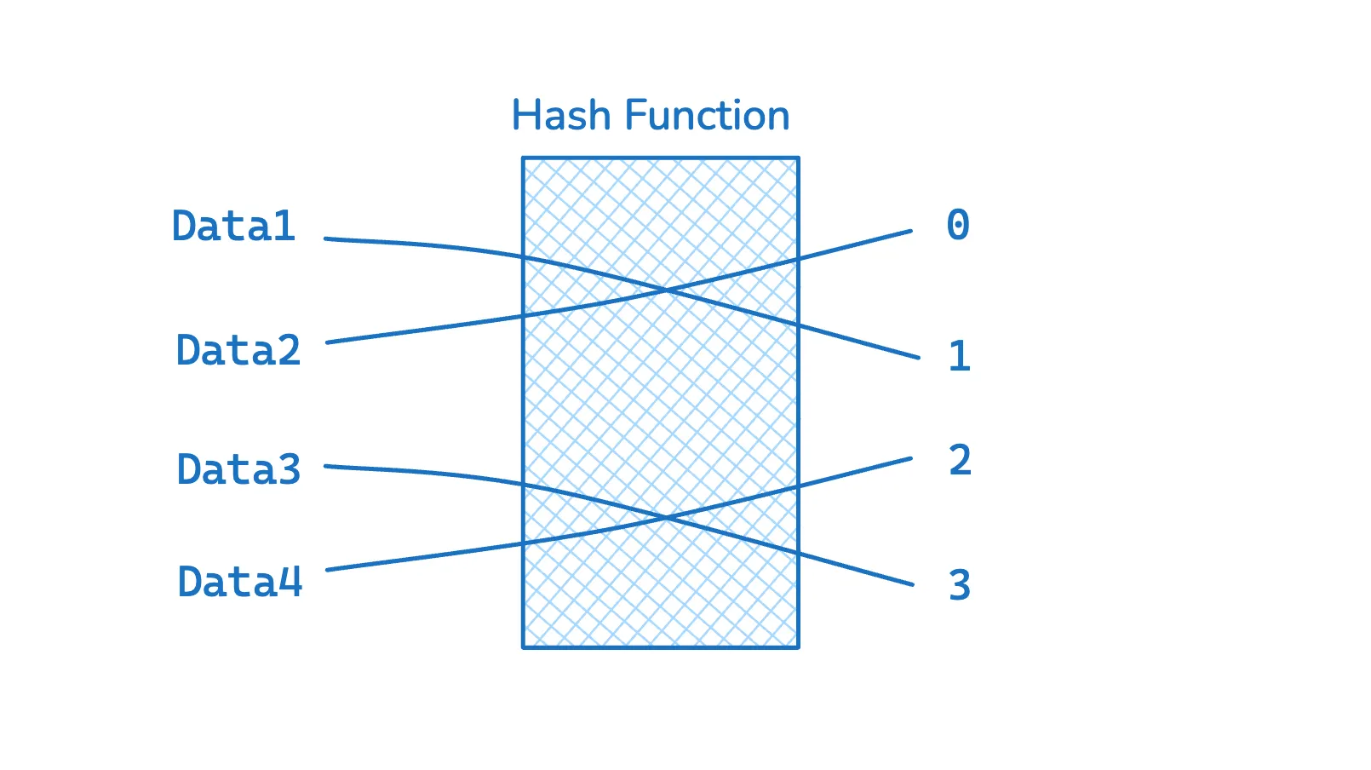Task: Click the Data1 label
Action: pyautogui.click(x=234, y=225)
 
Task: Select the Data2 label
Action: pyautogui.click(x=238, y=350)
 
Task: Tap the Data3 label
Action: pyautogui.click(x=238, y=469)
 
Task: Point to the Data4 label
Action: pyautogui.click(x=240, y=581)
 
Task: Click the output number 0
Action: pyautogui.click(x=959, y=224)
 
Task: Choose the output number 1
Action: pyautogui.click(x=960, y=356)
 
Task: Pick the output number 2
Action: pyautogui.click(x=960, y=460)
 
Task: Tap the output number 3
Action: pyautogui.click(x=960, y=585)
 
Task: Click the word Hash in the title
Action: pyautogui.click(x=561, y=115)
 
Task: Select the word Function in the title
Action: pyautogui.click(x=707, y=115)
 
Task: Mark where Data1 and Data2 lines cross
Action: pyautogui.click(x=667, y=290)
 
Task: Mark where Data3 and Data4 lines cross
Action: pyautogui.click(x=667, y=518)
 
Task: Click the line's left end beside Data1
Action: pyautogui.click(x=325, y=238)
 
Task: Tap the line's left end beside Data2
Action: pyautogui.click(x=328, y=342)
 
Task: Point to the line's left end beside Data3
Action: pyautogui.click(x=325, y=467)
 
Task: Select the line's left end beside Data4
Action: pyautogui.click(x=328, y=570)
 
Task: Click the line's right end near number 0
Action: pyautogui.click(x=911, y=232)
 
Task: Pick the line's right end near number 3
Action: pyautogui.click(x=913, y=584)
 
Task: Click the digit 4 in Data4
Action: pyautogui.click(x=290, y=581)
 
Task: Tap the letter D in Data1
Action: pyautogui.click(x=184, y=226)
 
